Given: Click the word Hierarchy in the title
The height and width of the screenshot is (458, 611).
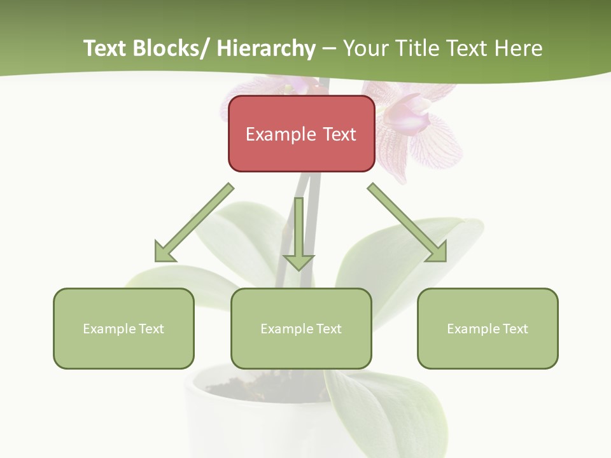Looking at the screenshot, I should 266,48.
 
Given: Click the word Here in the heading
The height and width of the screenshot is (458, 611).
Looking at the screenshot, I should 516,48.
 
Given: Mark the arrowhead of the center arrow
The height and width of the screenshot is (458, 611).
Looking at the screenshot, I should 298,261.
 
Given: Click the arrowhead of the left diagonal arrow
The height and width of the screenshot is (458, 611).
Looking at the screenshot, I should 166,251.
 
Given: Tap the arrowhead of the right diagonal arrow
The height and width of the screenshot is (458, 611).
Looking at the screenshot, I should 435,251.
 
